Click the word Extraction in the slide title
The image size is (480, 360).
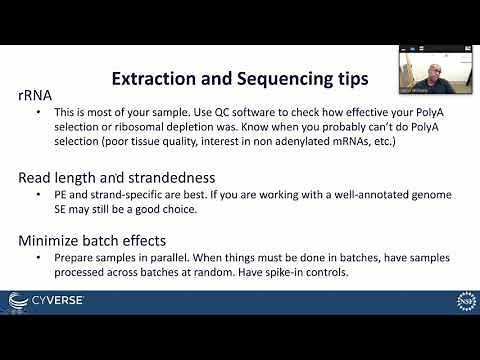151,77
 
